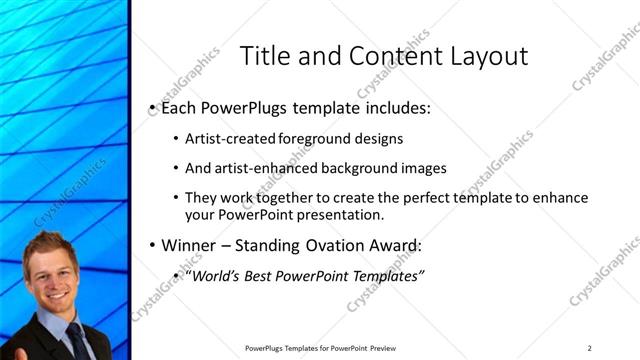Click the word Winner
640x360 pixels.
(191, 245)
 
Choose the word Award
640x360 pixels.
(394, 245)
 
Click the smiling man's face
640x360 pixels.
(53, 279)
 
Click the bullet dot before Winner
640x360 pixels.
(151, 245)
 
